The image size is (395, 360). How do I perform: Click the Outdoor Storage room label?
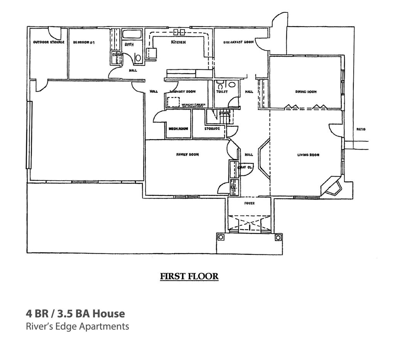coord(49,42)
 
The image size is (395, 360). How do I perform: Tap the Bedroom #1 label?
coord(84,42)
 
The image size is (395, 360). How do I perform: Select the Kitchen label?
coord(178,42)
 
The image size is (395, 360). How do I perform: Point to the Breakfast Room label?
coord(238,42)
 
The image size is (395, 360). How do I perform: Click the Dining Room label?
coord(306,92)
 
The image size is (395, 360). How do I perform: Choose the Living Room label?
coord(308,155)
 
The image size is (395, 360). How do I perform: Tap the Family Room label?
coord(187,155)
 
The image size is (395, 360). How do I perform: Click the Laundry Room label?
coord(183,92)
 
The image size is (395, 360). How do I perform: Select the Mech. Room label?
coord(178,129)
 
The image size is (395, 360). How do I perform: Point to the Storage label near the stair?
coord(212,128)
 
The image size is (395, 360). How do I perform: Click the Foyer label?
coord(250,203)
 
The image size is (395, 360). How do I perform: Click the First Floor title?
coord(189,276)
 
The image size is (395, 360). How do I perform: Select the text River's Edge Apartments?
coord(77,326)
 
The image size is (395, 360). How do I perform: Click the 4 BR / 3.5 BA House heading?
coord(75,313)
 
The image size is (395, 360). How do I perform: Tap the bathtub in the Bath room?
coord(132,34)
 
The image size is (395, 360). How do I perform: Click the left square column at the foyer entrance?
coord(221,237)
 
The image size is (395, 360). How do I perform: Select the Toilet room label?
coord(222,92)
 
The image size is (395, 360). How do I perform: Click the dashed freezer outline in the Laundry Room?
coord(174,102)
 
